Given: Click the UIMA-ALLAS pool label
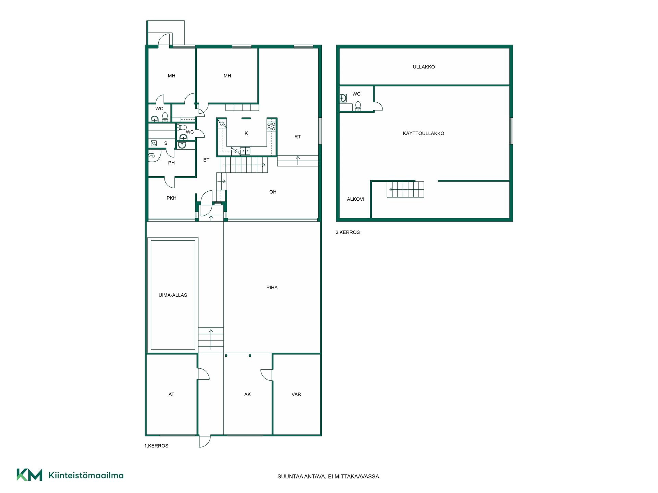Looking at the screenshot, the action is [x=173, y=295].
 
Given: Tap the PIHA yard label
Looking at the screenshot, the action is [x=272, y=288].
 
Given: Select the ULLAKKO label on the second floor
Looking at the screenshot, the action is [x=424, y=67].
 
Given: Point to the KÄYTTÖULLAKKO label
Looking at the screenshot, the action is [x=424, y=133].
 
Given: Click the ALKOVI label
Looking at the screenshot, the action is [x=355, y=199].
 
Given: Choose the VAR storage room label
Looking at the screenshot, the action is [x=296, y=394].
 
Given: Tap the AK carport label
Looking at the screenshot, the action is [x=247, y=394].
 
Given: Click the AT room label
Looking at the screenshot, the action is [x=171, y=394].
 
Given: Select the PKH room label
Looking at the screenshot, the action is [x=171, y=198].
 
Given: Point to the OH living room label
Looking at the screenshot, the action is [x=273, y=192].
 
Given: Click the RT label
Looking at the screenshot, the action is [x=297, y=137].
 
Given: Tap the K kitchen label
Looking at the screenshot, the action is [x=246, y=133].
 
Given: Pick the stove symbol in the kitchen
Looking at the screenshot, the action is [x=271, y=126].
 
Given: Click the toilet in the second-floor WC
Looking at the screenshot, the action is [x=358, y=106].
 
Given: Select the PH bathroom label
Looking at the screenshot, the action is [x=171, y=163].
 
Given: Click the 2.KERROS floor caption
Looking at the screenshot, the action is [x=348, y=232].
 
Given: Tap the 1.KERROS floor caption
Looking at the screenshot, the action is [x=156, y=446].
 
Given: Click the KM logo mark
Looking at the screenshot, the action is [x=29, y=475].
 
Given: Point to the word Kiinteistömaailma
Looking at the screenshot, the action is [x=86, y=475].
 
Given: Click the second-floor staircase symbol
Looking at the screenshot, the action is [x=405, y=189].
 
